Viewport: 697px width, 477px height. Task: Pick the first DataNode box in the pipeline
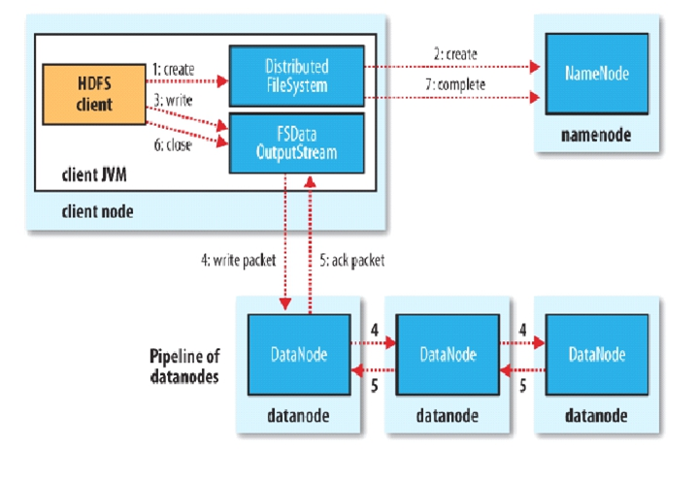click(x=296, y=356)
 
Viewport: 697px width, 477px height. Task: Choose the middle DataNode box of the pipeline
click(x=447, y=356)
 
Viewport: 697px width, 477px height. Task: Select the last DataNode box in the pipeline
click(x=596, y=356)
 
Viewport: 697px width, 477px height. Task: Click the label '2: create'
click(x=454, y=54)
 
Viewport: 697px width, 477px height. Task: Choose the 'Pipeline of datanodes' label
click(x=183, y=366)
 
